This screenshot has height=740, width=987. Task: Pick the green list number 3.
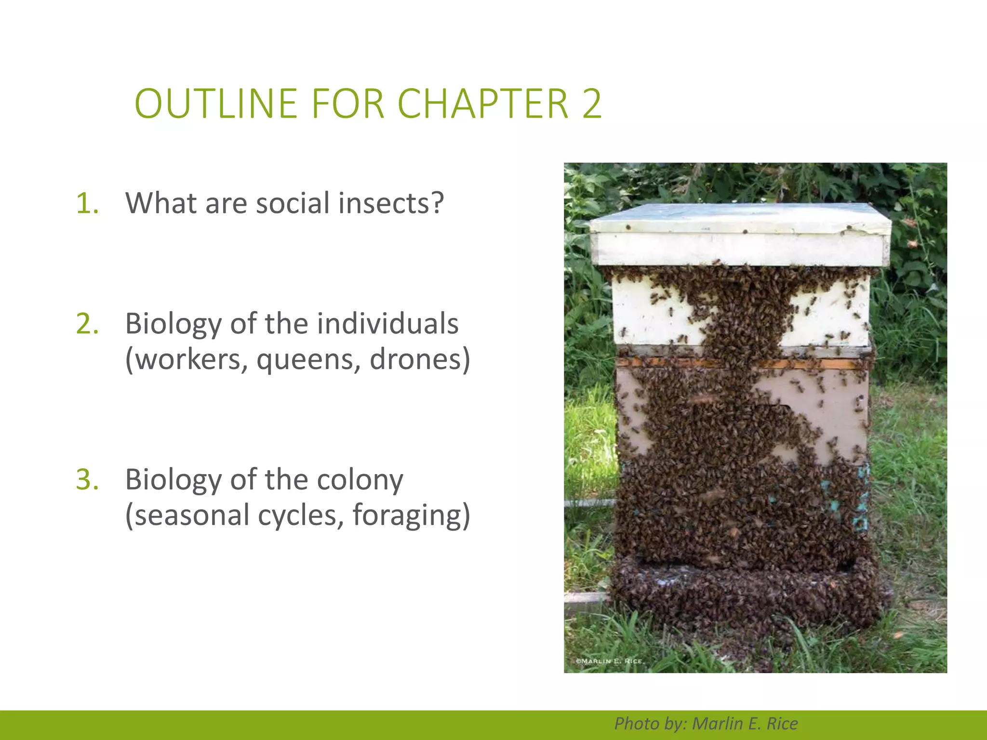[87, 479]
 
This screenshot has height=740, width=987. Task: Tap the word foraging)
[411, 515]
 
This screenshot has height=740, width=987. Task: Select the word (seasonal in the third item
[187, 515]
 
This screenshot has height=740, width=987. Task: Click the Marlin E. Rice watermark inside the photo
[610, 661]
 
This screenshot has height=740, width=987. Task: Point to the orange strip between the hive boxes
[742, 362]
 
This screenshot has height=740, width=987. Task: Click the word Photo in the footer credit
[636, 724]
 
